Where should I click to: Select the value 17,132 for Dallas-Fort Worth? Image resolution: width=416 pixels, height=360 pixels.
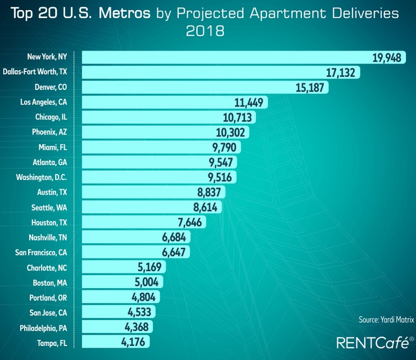340,72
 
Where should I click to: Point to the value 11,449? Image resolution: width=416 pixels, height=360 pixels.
249,102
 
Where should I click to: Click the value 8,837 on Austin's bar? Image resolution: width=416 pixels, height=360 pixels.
207,192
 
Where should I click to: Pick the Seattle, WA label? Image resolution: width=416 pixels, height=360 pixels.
49,207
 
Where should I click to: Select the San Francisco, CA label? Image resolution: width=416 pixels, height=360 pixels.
39,252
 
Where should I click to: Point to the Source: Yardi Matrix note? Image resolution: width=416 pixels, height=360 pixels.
386,320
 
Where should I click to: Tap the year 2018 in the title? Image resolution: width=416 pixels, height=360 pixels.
205,30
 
